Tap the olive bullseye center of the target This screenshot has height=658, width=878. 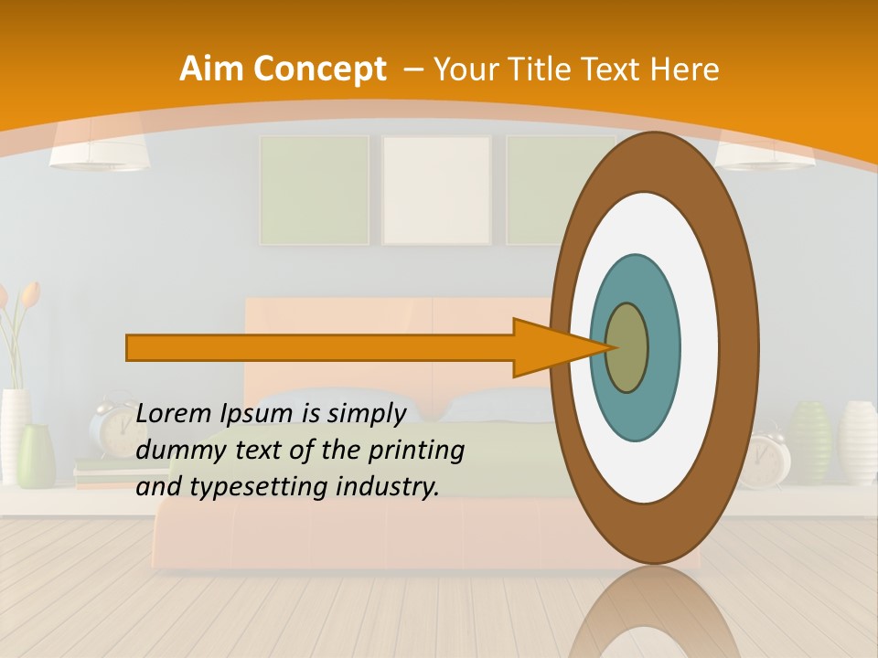pos(626,347)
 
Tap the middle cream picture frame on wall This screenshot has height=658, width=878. pos(436,190)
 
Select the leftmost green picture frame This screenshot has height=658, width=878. pos(314,190)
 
